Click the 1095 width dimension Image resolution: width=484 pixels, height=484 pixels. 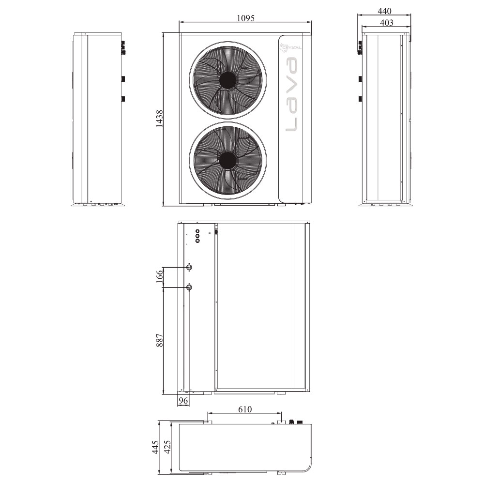[246, 18]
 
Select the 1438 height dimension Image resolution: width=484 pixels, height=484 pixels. [159, 119]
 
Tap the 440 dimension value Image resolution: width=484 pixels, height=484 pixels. [385, 11]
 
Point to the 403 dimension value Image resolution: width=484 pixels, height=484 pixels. [386, 23]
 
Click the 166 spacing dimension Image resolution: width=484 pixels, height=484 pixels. [159, 276]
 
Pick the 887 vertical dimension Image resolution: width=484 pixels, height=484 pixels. [159, 340]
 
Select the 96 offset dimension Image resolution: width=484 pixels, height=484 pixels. [183, 401]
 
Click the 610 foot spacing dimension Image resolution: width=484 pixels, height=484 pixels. [245, 409]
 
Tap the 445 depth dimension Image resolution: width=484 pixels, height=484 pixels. [155, 447]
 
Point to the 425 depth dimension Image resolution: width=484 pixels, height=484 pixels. [167, 447]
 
